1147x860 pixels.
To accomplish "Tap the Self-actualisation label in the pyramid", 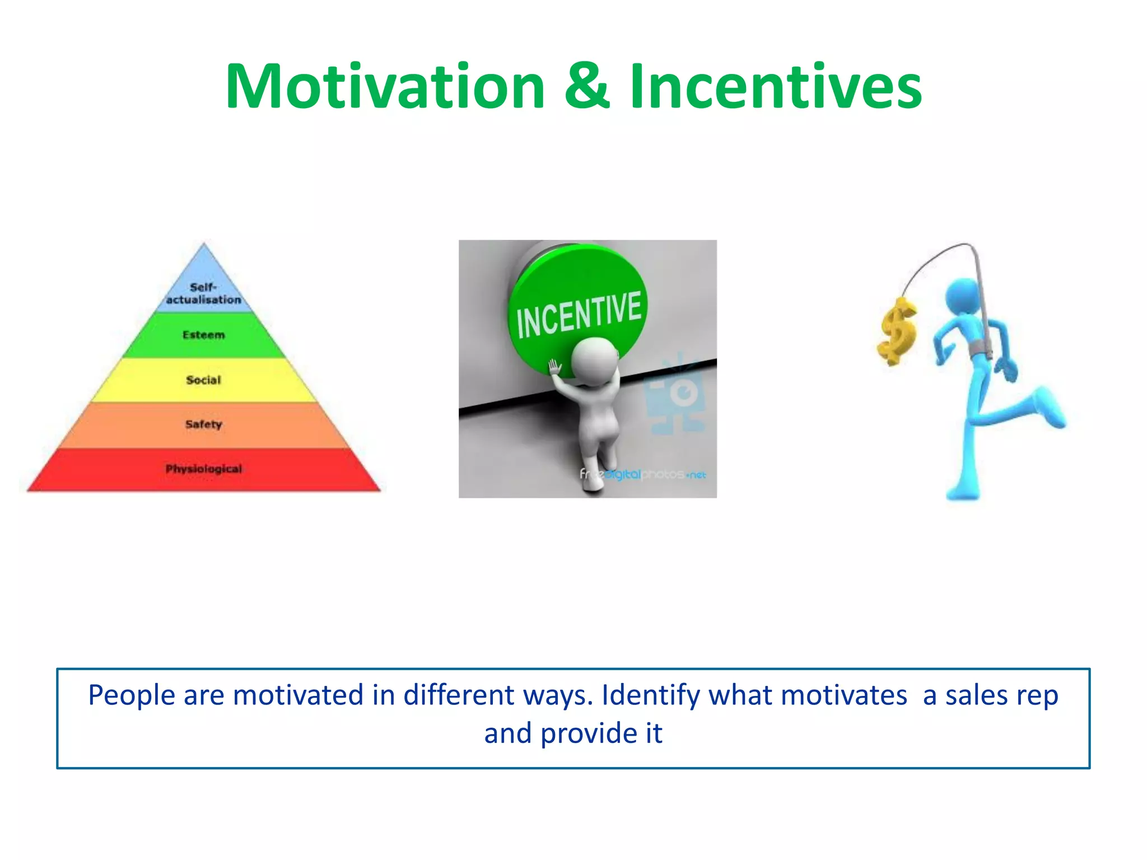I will click(x=203, y=293).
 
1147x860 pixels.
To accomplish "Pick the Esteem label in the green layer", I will click(x=203, y=335).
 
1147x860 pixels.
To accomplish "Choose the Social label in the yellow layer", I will click(x=203, y=380).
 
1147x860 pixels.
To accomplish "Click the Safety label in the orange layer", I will click(x=203, y=424).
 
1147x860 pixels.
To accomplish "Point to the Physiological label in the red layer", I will click(x=203, y=469).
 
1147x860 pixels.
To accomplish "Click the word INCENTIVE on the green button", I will click(x=579, y=315).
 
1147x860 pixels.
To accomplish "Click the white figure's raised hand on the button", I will click(x=554, y=368).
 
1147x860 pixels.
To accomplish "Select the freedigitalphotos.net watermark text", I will click(x=642, y=474).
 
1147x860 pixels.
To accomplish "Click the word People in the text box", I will click(x=132, y=696).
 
